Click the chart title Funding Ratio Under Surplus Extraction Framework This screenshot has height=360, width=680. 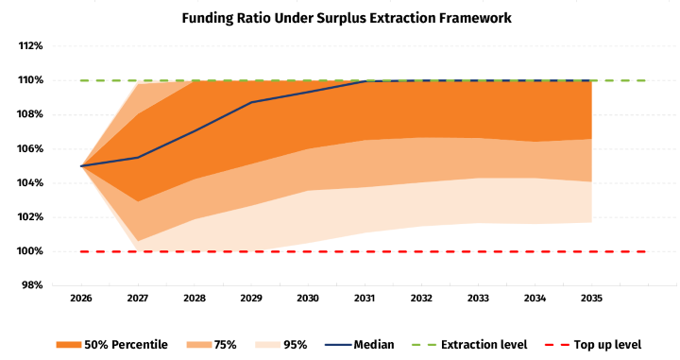tap(347, 18)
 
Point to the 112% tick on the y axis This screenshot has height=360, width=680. tap(30, 45)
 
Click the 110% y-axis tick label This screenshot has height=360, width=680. tap(30, 80)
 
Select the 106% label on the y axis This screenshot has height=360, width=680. tap(30, 148)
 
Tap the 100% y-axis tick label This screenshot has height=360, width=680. tap(30, 251)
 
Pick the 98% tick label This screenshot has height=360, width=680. tap(32, 285)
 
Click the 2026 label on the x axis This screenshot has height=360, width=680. tap(81, 299)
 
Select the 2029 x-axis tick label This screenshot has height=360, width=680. tap(251, 299)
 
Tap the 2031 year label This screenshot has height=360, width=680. tap(365, 299)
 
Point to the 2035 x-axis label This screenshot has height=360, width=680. tap(591, 299)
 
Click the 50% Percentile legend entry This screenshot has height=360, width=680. tap(111, 345)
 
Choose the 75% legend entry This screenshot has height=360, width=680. tap(212, 345)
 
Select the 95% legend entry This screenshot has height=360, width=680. tap(281, 345)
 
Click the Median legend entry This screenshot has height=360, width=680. tap(360, 345)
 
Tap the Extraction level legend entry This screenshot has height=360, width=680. tap(469, 345)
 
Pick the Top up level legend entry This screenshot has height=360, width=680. tap(592, 345)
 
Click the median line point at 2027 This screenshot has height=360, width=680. tap(138, 158)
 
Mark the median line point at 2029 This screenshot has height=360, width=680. tap(251, 102)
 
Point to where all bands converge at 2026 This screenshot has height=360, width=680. tap(81, 166)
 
